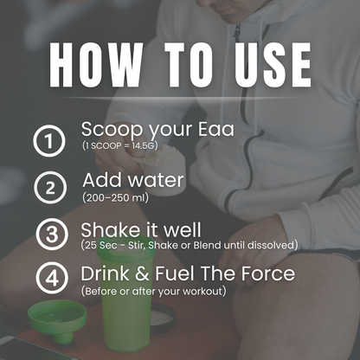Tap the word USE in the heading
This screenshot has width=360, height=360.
coord(264,64)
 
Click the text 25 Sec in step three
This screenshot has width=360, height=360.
coord(100,246)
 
